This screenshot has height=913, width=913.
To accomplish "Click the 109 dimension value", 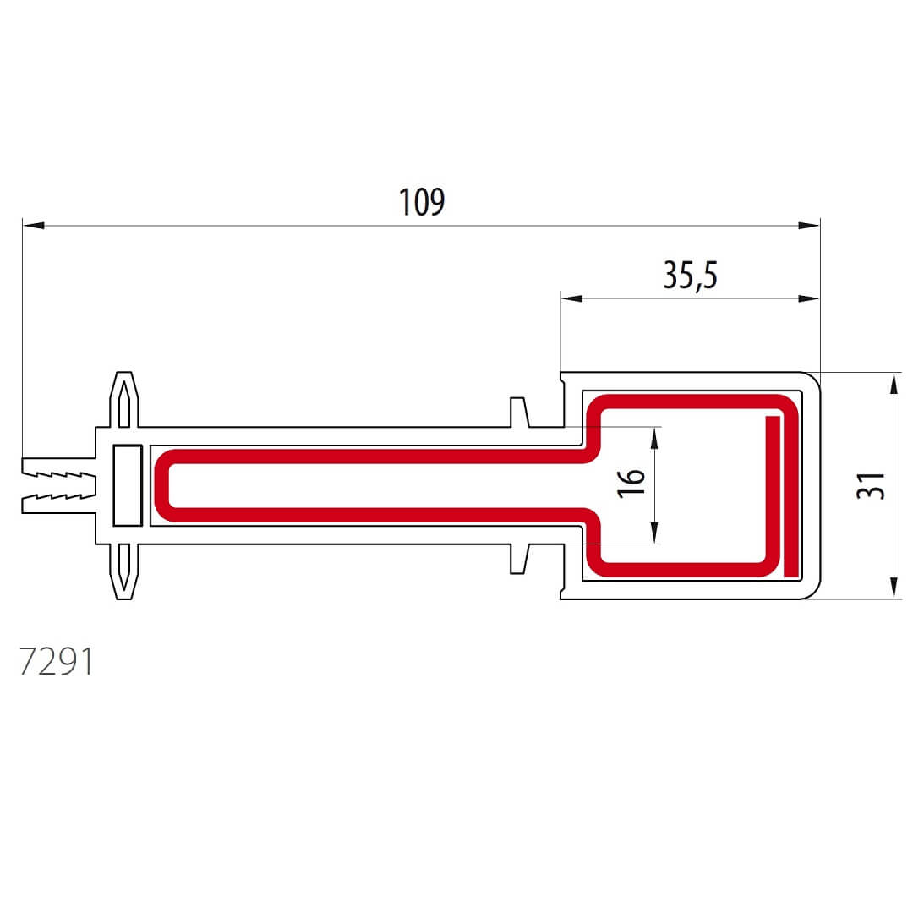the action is (x=422, y=201).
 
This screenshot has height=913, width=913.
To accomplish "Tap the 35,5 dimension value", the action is (x=690, y=275).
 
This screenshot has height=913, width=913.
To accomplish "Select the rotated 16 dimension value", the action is (x=631, y=484).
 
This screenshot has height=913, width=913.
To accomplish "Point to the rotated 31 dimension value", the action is (x=871, y=485).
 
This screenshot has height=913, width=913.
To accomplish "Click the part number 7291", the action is (x=56, y=661).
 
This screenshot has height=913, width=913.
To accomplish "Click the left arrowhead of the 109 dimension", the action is (x=34, y=226).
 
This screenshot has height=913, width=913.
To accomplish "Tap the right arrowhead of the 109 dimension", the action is (x=809, y=226).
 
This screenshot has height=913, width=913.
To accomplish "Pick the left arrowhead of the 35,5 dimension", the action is (x=571, y=298).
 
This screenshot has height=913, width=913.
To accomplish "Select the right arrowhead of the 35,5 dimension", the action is (x=809, y=298).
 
